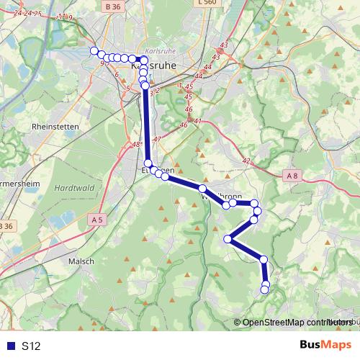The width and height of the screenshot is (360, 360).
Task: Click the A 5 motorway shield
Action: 99,219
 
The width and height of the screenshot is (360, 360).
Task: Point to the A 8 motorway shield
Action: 292,175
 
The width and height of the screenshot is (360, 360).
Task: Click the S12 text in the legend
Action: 31,346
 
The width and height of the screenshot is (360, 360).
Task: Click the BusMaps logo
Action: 325,346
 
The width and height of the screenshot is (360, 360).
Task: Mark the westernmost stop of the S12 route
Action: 93,50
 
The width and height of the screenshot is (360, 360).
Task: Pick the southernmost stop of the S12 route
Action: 264,290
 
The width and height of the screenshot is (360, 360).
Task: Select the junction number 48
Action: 136,145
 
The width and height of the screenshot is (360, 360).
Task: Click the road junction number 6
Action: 116,73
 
